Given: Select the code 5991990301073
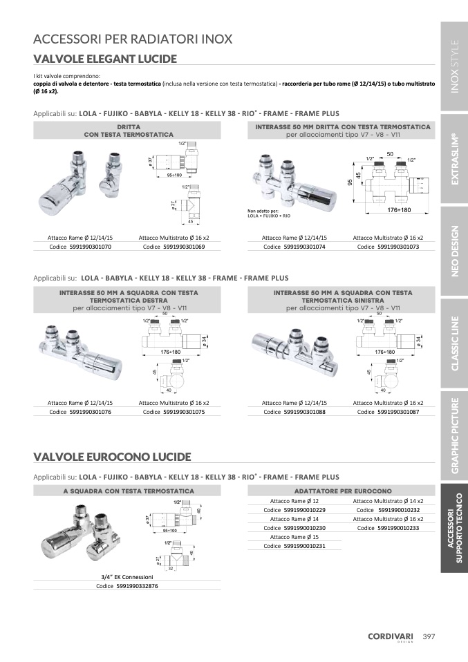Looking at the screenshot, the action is tap(398, 247).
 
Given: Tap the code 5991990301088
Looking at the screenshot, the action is tap(305, 412).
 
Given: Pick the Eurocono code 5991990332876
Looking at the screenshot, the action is tap(137, 586).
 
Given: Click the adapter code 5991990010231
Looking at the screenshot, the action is tap(305, 546).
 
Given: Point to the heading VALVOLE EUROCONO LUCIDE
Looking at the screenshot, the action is tap(113, 457).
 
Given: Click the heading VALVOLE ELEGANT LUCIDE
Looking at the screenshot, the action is tap(105, 59).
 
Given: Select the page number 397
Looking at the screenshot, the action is tap(429, 636).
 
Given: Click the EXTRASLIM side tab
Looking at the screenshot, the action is tap(454, 159).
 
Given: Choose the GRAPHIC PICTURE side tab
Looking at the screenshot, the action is tap(454, 436).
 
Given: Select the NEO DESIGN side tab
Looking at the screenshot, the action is tap(454, 252).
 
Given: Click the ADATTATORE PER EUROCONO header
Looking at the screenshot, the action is tap(343, 491).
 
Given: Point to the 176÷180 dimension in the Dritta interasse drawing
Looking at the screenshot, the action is tap(399, 210).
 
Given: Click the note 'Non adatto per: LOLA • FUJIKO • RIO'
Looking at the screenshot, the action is tap(269, 214).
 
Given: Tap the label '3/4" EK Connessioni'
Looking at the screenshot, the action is tap(127, 577).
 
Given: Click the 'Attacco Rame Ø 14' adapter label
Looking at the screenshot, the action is tap(294, 519).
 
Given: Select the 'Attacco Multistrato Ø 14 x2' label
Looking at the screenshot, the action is tap(389, 501).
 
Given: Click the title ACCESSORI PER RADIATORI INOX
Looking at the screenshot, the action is tap(133, 39).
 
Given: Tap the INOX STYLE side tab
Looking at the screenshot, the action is tap(454, 66).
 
